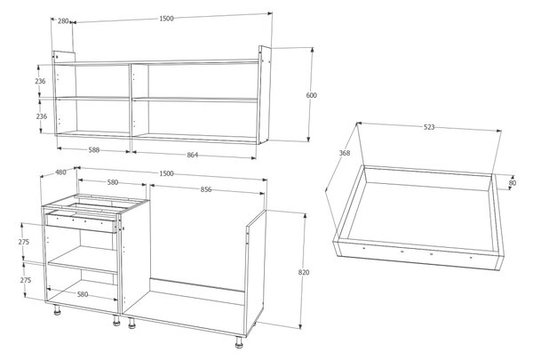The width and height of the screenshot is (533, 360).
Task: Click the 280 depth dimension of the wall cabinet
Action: click(x=63, y=21)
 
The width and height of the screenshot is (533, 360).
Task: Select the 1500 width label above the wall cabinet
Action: click(x=167, y=19)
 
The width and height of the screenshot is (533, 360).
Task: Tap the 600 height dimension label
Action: click(x=312, y=95)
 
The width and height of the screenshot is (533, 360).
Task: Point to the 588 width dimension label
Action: click(x=94, y=149)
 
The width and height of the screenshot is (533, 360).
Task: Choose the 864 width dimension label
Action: click(x=193, y=155)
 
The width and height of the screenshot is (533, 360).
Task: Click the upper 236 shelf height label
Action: click(x=40, y=81)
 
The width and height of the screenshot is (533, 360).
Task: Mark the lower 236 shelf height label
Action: click(x=42, y=116)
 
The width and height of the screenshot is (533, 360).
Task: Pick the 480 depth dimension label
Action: click(x=60, y=172)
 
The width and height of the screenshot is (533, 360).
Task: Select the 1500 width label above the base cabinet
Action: click(x=167, y=173)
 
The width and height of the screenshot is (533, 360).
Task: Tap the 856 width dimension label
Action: click(x=206, y=189)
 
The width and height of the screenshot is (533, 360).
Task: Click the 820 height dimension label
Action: click(x=304, y=272)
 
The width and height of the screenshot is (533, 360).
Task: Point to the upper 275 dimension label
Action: click(x=24, y=242)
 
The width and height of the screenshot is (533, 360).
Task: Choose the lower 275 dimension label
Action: click(x=26, y=280)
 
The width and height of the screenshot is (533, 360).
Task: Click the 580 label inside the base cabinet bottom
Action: click(x=83, y=294)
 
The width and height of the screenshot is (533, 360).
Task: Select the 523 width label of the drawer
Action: click(x=429, y=127)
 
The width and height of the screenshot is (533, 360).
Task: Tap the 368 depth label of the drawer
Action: click(x=345, y=153)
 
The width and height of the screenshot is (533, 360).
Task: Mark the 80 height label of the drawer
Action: click(x=513, y=183)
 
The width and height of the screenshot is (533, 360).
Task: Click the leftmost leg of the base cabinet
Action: click(x=57, y=309)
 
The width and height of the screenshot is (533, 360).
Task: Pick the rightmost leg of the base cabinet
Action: click(x=239, y=342)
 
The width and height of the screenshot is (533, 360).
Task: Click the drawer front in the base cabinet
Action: click(x=82, y=221)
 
